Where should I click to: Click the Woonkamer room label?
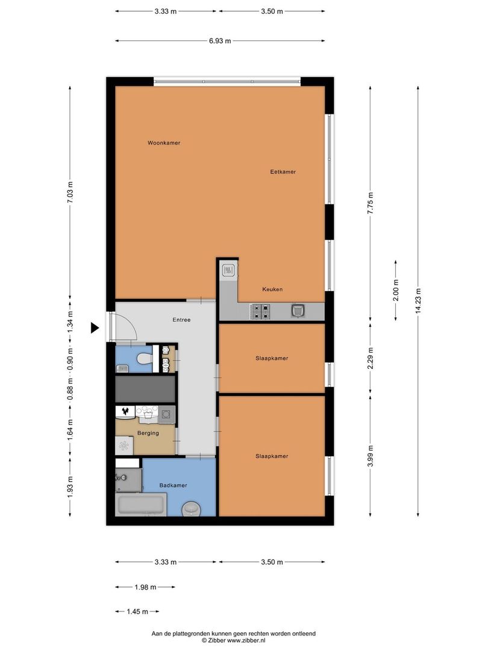click(164, 143)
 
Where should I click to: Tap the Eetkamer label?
click(283, 171)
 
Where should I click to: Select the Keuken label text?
click(272, 289)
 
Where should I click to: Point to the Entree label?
click(182, 319)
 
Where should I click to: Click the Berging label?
click(148, 433)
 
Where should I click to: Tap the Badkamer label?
click(173, 485)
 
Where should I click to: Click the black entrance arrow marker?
click(95, 328)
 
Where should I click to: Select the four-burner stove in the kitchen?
click(260, 312)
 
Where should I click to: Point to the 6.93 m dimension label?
click(220, 41)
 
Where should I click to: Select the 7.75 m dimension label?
click(370, 203)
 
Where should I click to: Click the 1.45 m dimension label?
click(137, 612)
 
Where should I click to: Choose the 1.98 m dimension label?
click(145, 587)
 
